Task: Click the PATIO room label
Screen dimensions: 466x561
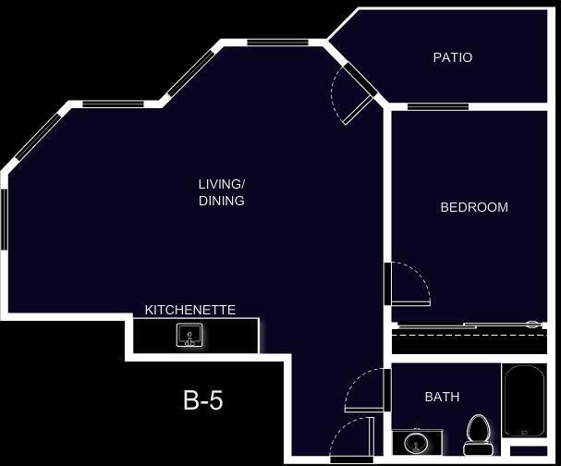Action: tap(453, 57)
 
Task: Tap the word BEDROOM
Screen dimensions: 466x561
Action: tap(474, 207)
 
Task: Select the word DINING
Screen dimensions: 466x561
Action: tap(222, 201)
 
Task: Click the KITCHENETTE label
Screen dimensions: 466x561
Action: tap(190, 310)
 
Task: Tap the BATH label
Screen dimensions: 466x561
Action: tap(442, 397)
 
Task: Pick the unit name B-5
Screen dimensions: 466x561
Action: tap(203, 400)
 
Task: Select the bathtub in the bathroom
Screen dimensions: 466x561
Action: tap(524, 400)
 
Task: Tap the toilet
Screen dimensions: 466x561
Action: tap(478, 431)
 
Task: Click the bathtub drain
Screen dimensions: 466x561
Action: tap(524, 431)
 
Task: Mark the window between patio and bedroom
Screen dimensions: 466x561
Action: tap(437, 107)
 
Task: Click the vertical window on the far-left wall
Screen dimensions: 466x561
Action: tap(4, 218)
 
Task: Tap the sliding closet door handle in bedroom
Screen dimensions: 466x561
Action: tap(531, 324)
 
